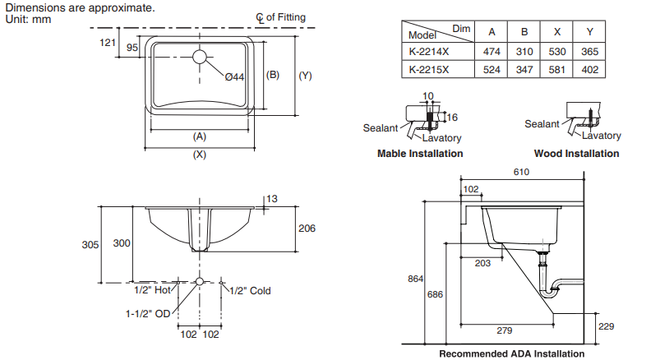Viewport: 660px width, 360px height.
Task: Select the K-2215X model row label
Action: [x=429, y=69]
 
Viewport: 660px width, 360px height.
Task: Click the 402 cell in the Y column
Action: [x=590, y=69]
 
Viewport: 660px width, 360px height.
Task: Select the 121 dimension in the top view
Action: [x=106, y=43]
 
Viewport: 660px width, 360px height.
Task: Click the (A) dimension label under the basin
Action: [x=199, y=136]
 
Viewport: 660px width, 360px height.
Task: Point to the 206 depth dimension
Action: [x=307, y=228]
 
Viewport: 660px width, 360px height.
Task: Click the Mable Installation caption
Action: [x=419, y=154]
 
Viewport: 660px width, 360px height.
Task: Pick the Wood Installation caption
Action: [x=576, y=154]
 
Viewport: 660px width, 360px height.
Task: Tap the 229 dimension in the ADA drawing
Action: [x=607, y=326]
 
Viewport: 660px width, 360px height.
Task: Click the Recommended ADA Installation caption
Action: [x=511, y=353]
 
